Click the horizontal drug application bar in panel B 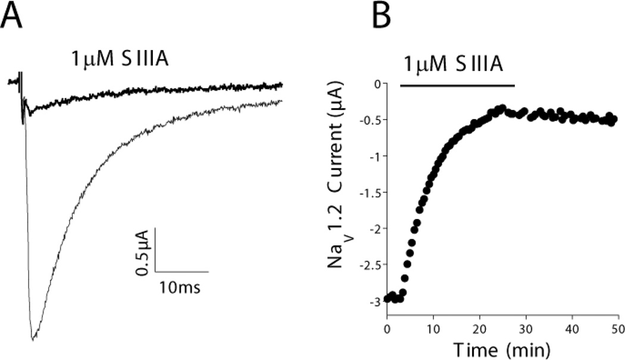[x=457, y=86]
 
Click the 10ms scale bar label [x=179, y=288]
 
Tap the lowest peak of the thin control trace [x=33, y=340]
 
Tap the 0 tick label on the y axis [x=376, y=84]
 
